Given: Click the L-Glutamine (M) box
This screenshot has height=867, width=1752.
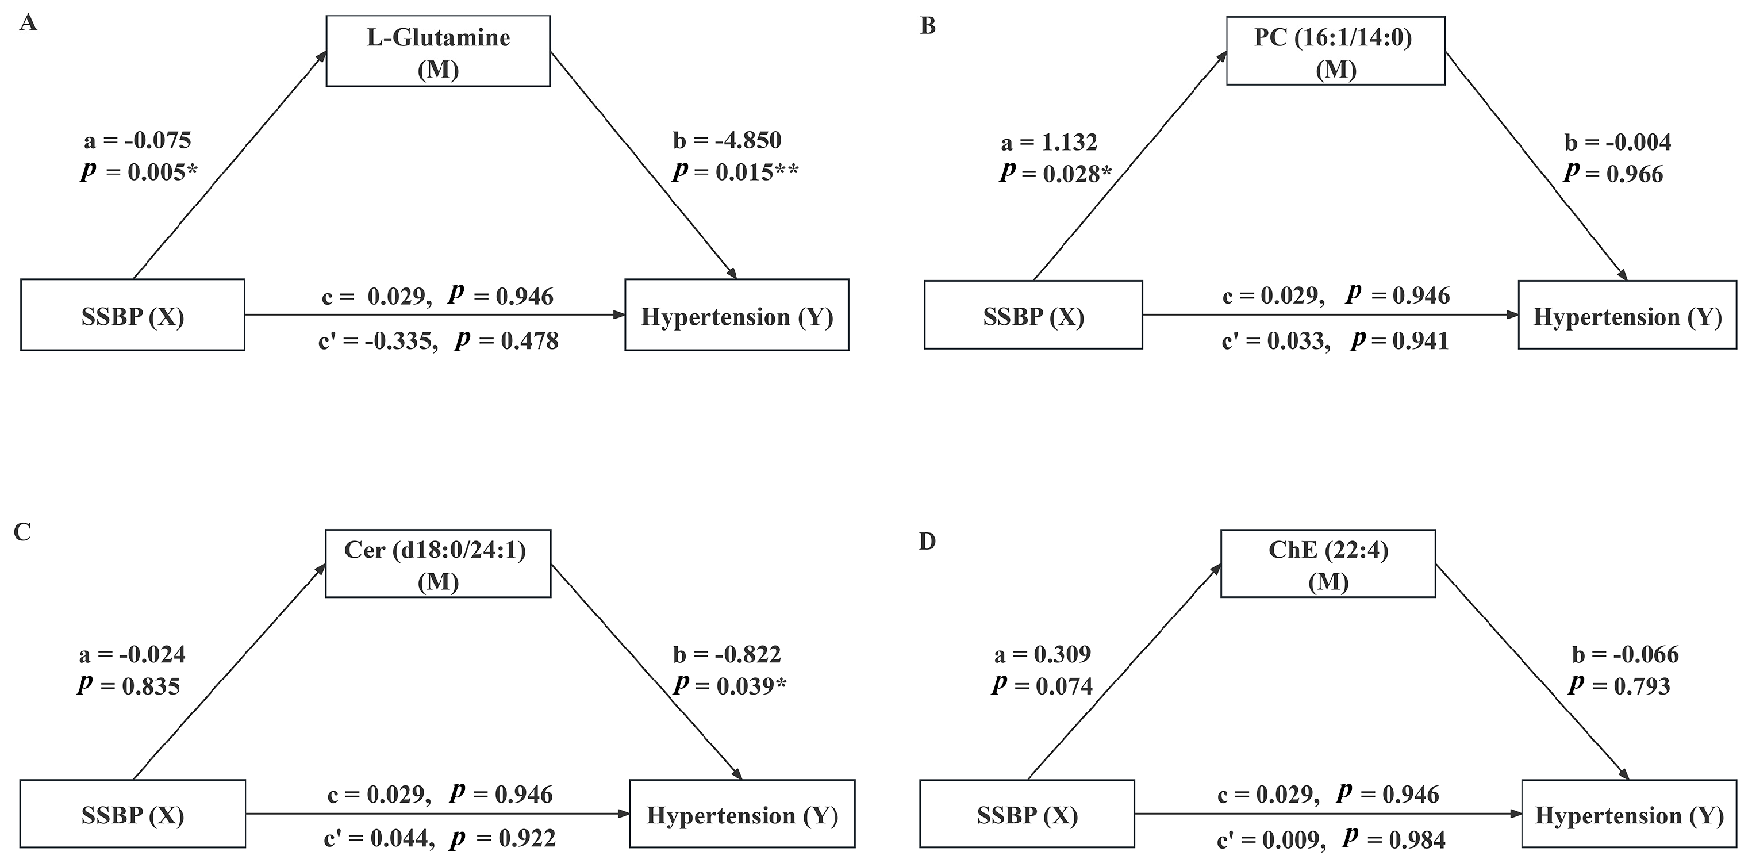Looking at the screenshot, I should pyautogui.click(x=438, y=52).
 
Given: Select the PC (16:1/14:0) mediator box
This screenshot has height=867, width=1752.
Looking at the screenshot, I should pyautogui.click(x=1335, y=52).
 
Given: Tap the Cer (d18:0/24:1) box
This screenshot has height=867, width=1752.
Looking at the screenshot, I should pyautogui.click(x=438, y=563).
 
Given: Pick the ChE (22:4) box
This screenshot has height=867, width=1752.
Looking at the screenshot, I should pyautogui.click(x=1328, y=563).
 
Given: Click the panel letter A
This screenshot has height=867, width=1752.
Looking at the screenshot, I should pyautogui.click(x=28, y=23).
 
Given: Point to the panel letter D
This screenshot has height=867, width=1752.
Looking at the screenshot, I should pyautogui.click(x=927, y=542).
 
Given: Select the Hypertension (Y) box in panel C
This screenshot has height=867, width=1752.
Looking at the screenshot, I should pyautogui.click(x=742, y=815).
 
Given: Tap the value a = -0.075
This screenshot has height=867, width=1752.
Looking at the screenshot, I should pyautogui.click(x=137, y=140).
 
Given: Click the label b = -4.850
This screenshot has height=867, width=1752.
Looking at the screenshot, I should pyautogui.click(x=727, y=140).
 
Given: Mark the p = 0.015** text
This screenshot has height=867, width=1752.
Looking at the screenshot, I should pyautogui.click(x=735, y=172).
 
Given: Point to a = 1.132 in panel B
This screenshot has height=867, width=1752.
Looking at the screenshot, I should pyautogui.click(x=1049, y=142).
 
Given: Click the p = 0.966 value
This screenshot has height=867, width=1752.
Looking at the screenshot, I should pyautogui.click(x=1613, y=174).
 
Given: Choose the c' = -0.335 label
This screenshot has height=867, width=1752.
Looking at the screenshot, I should pyautogui.click(x=378, y=340).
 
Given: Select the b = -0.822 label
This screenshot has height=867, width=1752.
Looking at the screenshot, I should pyautogui.click(x=727, y=654).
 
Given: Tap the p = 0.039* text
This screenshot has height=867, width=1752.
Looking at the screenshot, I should pyautogui.click(x=730, y=686).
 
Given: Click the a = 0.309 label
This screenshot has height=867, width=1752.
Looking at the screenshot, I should pyautogui.click(x=1042, y=654).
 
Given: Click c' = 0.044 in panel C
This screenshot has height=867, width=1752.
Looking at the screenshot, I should pyautogui.click(x=379, y=838).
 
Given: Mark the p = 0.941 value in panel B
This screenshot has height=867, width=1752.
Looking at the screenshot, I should pyautogui.click(x=1400, y=340).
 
